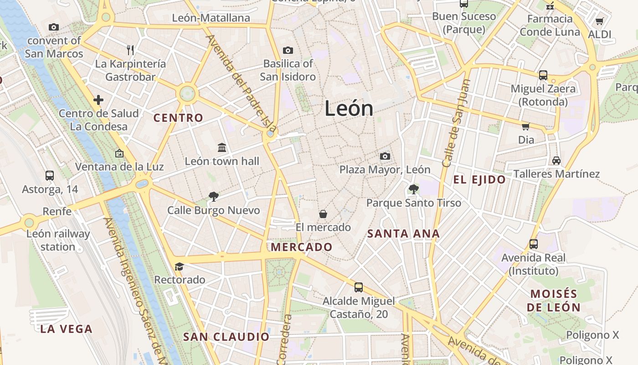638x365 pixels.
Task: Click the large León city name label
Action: [349, 109]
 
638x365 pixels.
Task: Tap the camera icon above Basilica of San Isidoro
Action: [288, 50]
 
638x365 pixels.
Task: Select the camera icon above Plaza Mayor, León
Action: [385, 156]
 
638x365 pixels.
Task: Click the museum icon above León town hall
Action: [222, 147]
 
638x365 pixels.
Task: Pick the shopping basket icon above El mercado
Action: [323, 214]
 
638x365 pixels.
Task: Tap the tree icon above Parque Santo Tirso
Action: [413, 189]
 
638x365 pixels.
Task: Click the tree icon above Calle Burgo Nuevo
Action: [213, 197]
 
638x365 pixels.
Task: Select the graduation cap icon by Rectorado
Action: [179, 266]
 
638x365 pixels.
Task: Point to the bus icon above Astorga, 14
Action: [50, 175]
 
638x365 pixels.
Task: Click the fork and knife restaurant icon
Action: [130, 50]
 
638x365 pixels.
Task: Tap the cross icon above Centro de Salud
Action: [98, 99]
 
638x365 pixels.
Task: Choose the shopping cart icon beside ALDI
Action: [599, 21]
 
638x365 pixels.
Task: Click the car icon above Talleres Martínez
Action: [556, 161]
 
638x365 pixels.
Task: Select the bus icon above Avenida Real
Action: [533, 244]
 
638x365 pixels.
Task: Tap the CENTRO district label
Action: [178, 118]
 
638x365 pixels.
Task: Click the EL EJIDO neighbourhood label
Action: [479, 180]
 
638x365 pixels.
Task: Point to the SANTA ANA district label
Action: [403, 234]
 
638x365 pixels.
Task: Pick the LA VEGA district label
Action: [66, 329]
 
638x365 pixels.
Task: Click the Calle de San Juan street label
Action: [455, 123]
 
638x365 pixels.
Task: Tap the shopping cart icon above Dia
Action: [525, 126]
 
